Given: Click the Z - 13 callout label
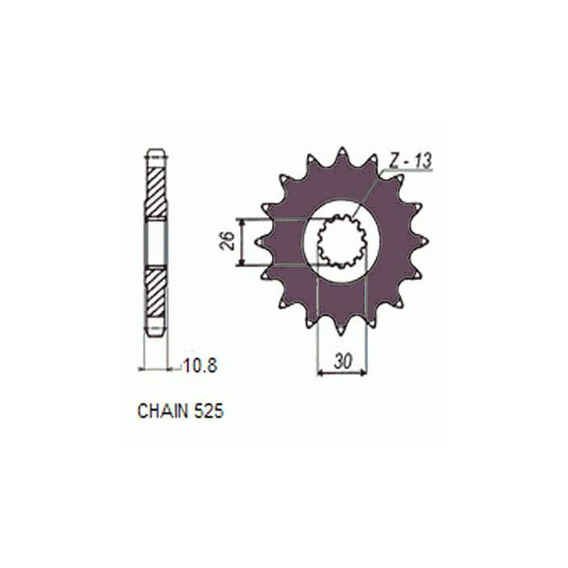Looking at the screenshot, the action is [411, 161].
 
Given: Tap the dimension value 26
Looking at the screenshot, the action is [228, 241].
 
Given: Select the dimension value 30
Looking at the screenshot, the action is [342, 362].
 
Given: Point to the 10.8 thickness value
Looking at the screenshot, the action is [200, 365].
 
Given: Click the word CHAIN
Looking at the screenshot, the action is [162, 411].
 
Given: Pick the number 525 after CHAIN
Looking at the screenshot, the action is [209, 411].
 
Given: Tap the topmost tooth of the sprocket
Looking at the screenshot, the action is [342, 154].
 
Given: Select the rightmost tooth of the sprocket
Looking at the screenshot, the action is [423, 241].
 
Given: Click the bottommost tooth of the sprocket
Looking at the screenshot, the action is [342, 328].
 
